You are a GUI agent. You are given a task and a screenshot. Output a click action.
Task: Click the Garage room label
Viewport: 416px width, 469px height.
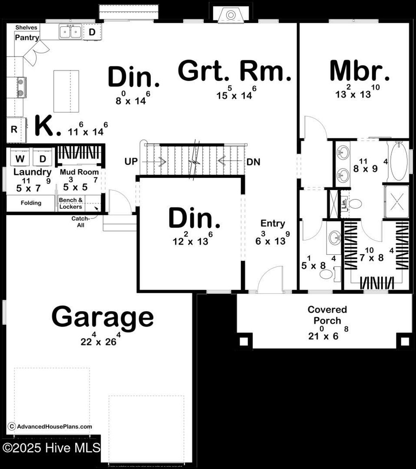point(102,317)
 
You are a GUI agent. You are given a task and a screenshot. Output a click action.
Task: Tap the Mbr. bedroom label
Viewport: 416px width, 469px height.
point(360,72)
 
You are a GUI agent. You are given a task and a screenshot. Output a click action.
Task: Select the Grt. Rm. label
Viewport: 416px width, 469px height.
point(235,72)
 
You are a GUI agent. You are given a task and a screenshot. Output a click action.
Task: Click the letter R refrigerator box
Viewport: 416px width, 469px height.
point(14,130)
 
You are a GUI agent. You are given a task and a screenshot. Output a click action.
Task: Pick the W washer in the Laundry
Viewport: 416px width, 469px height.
point(19,158)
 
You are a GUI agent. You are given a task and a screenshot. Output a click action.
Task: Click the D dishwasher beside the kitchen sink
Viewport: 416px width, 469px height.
point(92,32)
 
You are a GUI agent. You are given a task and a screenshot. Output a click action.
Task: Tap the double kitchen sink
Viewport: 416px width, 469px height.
point(70,31)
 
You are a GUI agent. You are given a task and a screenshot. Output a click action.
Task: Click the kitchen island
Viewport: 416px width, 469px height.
point(66,91)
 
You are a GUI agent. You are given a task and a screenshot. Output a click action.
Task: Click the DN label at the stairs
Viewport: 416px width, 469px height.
point(253,161)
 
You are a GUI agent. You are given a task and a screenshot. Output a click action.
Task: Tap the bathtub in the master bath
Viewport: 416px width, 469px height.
point(398,161)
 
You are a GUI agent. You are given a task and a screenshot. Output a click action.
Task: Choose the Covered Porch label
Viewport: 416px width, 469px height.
point(327,315)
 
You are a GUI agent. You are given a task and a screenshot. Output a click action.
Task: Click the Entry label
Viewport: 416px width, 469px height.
point(273,223)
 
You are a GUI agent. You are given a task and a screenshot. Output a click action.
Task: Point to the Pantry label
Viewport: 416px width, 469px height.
point(27,38)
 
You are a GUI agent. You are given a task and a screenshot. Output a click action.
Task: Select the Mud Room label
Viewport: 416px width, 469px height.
point(79,172)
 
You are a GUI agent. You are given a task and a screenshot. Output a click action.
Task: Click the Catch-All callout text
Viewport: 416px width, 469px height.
point(80,222)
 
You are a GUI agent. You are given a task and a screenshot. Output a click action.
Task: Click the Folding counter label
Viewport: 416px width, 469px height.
point(31,203)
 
